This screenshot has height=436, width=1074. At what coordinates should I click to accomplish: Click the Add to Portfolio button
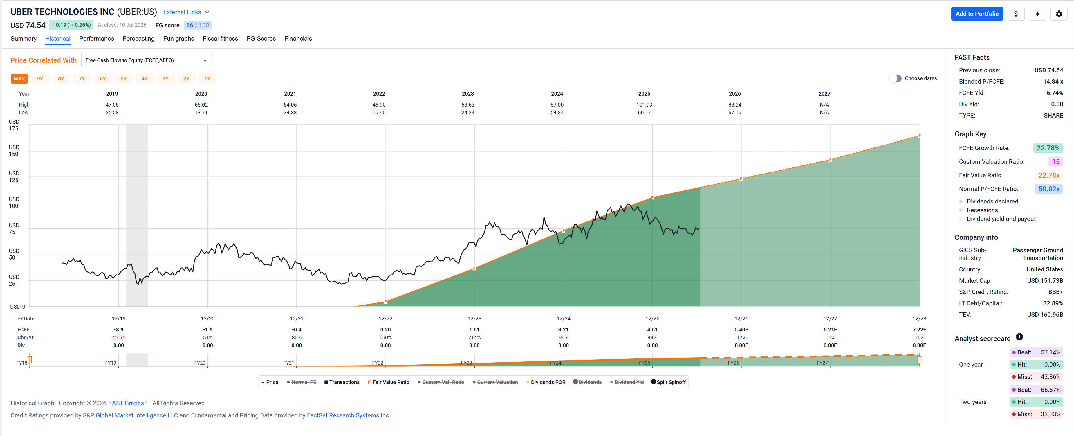point(976,14)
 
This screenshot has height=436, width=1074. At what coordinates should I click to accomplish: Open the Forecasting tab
point(138,38)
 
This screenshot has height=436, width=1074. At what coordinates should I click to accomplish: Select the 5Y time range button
point(123,78)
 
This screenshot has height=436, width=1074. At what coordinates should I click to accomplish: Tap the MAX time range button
point(19,78)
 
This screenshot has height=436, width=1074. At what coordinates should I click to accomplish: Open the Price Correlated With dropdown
point(146,60)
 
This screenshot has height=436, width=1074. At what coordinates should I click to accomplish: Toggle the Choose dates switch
point(895,78)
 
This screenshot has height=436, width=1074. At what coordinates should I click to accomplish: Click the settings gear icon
point(1059,14)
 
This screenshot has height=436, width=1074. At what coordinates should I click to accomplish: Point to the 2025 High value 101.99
point(644,105)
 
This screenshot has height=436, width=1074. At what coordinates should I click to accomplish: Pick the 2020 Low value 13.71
point(201,113)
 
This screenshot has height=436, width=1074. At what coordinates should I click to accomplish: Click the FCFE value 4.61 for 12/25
point(652,329)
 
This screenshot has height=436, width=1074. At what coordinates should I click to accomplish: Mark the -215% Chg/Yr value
point(118,338)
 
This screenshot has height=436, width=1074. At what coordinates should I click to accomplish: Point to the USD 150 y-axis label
point(14,151)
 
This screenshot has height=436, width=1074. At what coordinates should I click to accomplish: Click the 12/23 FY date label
point(474,319)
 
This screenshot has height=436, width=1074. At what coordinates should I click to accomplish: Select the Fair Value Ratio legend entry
point(388,382)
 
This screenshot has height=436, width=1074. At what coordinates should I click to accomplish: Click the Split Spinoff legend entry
point(668,382)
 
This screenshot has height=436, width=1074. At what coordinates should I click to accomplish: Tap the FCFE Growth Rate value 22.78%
point(1048,148)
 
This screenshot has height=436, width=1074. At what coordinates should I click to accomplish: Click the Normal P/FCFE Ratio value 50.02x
point(1048,189)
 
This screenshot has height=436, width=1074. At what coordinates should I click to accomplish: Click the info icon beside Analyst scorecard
point(1019,337)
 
